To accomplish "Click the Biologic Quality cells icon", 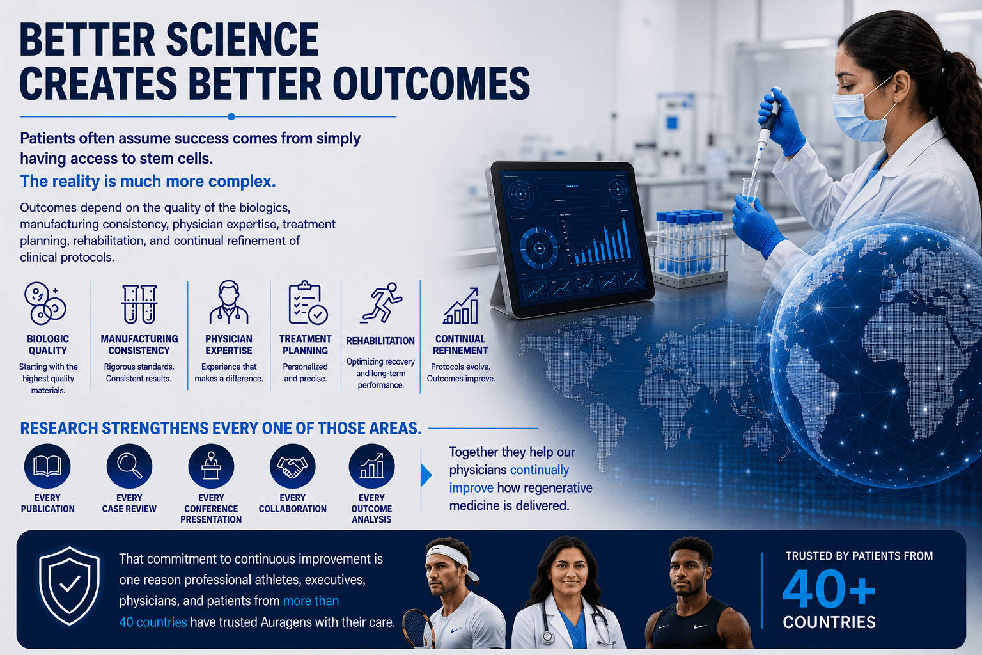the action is [45, 303].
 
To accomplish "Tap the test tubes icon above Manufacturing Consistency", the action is [139, 304].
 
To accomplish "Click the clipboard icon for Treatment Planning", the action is [308, 303].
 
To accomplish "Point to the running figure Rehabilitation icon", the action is [382, 303].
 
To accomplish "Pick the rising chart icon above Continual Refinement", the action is [460, 306].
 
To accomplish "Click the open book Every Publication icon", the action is [47, 466].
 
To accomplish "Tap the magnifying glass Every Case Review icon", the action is [129, 466].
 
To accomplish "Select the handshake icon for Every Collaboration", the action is [292, 466].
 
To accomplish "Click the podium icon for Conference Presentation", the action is [211, 466].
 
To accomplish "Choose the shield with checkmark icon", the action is [69, 585].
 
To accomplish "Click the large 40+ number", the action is [829, 588].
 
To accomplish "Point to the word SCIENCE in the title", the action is [242, 40].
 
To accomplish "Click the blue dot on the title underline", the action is [231, 116].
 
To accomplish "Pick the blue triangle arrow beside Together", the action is [426, 475].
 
